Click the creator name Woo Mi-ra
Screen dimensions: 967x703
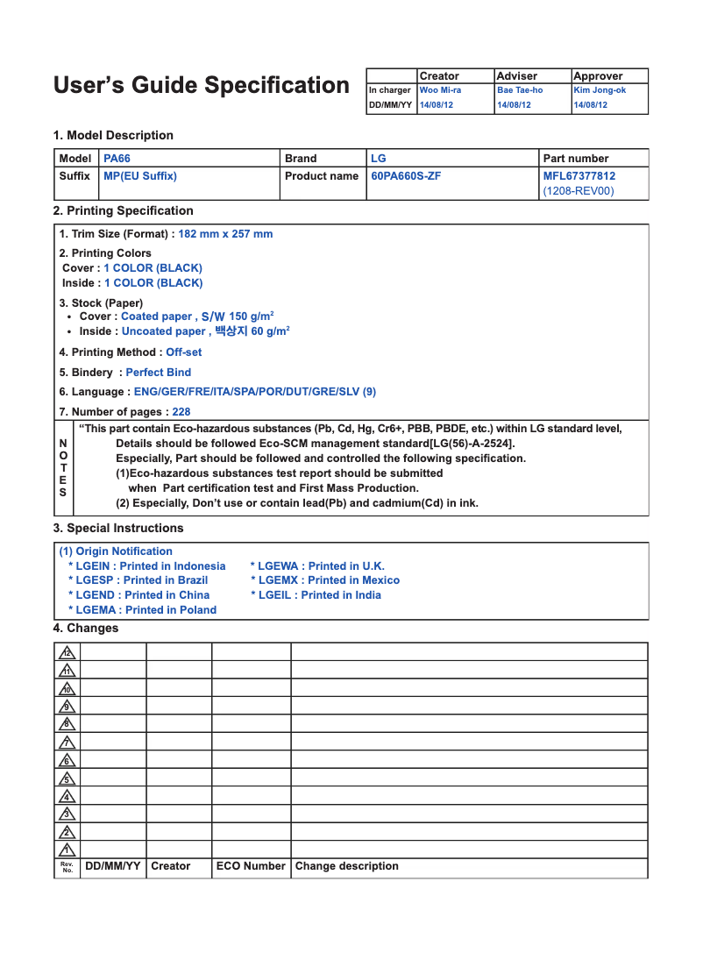pyautogui.click(x=440, y=90)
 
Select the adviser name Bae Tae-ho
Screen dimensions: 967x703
pyautogui.click(x=520, y=90)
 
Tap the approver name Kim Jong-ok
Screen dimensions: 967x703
pyautogui.click(x=600, y=90)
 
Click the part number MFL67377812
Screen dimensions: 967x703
pyautogui.click(x=579, y=176)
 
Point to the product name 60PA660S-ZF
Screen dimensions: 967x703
pyautogui.click(x=406, y=176)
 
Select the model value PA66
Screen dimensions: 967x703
pyautogui.click(x=117, y=159)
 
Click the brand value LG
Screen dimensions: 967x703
pyautogui.click(x=378, y=159)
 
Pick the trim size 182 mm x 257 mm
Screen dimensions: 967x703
pyautogui.click(x=225, y=234)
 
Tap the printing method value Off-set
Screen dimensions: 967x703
pyautogui.click(x=183, y=352)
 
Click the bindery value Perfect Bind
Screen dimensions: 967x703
pyautogui.click(x=158, y=373)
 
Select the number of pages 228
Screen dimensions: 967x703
pyautogui.click(x=181, y=412)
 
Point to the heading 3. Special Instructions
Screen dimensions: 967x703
pyautogui.click(x=118, y=529)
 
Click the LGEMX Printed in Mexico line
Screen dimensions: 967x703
pyautogui.click(x=325, y=580)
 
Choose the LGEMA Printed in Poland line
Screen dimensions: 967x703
pyautogui.click(x=142, y=610)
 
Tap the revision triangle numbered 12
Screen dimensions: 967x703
pyautogui.click(x=67, y=653)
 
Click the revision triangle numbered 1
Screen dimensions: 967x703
pyautogui.click(x=67, y=850)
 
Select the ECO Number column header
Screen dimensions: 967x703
pyautogui.click(x=251, y=866)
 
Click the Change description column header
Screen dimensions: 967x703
pyautogui.click(x=346, y=866)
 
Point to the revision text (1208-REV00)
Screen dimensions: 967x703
pyautogui.click(x=579, y=191)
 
